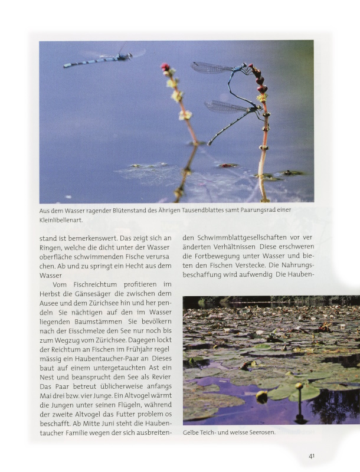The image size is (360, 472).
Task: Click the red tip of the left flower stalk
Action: (165, 67)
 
